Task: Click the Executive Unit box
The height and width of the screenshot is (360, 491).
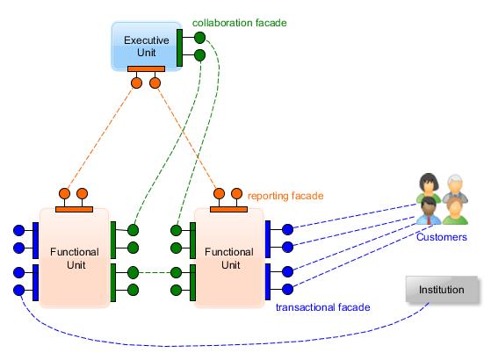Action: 146,47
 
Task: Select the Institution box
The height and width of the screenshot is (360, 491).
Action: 442,290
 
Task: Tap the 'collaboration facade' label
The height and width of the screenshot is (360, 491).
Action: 240,23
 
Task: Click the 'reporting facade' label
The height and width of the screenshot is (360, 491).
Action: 285,196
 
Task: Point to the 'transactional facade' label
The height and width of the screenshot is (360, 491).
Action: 323,307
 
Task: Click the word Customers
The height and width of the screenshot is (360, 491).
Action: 442,237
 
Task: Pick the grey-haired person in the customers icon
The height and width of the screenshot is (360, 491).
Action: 455,188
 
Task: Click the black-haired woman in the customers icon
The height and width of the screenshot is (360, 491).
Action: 429,187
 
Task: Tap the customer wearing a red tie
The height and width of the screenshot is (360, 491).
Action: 429,211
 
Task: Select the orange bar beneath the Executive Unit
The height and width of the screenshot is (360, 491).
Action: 146,68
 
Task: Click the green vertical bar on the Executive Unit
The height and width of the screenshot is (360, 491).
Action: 179,48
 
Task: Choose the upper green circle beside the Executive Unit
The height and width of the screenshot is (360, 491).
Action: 199,38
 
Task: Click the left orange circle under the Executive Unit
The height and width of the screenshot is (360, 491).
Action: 136,83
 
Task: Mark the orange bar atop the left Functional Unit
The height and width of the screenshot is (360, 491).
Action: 74,210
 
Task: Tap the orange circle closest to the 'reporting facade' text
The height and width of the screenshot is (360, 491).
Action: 237,193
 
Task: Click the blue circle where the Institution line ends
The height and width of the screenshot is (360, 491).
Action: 19,290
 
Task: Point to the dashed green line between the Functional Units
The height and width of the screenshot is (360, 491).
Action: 155,272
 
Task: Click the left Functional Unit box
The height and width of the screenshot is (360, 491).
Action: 75,258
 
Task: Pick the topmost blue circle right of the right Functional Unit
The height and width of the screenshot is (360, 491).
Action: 287,229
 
